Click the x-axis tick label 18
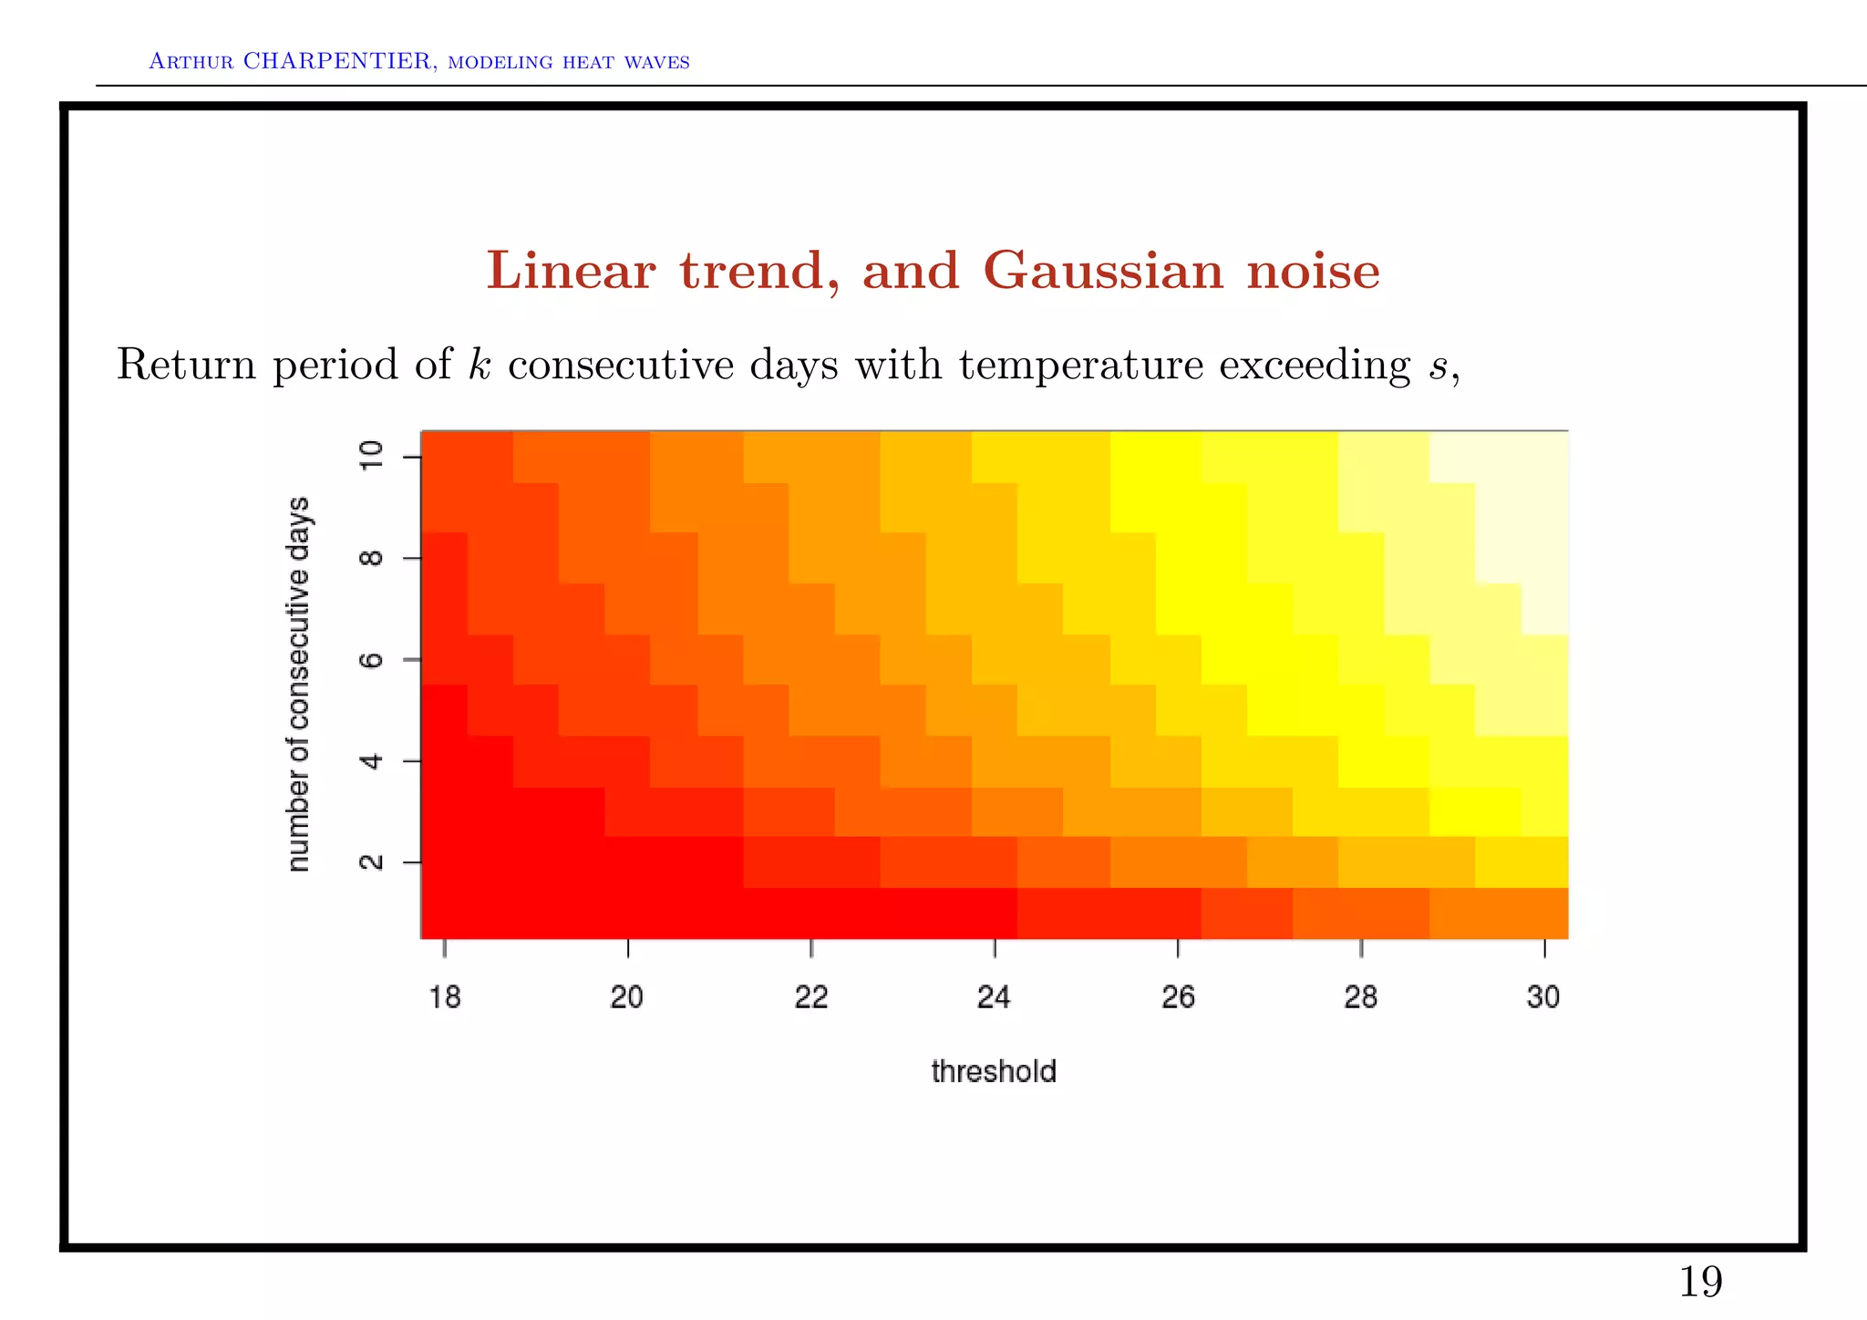(445, 997)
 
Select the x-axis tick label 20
(627, 997)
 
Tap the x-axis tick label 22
(811, 997)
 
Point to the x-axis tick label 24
(994, 997)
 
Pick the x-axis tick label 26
(1178, 997)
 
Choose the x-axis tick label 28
(1361, 997)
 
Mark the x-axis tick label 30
(1543, 997)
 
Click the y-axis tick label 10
(372, 456)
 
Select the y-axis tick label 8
(372, 558)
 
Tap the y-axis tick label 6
(372, 659)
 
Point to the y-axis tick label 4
(372, 761)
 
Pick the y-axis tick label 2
(372, 862)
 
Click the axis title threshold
(994, 1071)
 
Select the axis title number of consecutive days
(299, 684)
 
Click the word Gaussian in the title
(1103, 272)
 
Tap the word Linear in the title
(571, 272)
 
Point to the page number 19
(1700, 1283)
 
